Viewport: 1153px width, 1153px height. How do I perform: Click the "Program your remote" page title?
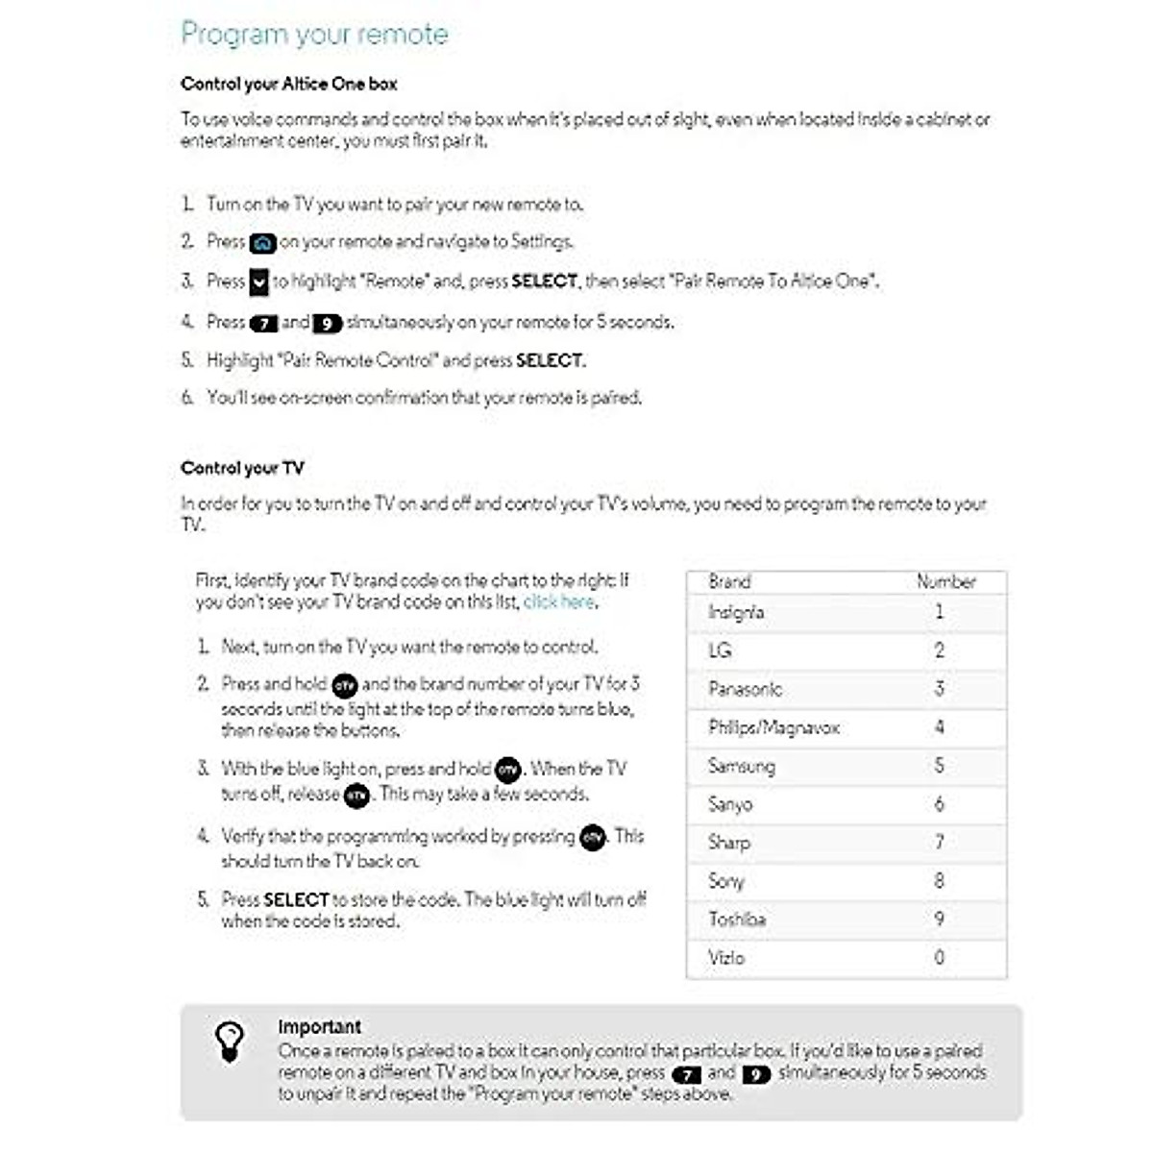point(314,35)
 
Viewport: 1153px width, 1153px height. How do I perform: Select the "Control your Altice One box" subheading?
point(288,84)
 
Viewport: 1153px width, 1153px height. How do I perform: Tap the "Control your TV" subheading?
point(242,468)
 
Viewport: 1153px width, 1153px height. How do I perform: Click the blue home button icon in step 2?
point(262,243)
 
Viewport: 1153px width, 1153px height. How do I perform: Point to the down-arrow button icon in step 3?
point(259,282)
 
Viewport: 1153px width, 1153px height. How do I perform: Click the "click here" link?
point(559,602)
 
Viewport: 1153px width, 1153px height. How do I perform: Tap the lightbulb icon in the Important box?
point(230,1042)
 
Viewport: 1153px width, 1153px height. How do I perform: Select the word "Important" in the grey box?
point(319,1026)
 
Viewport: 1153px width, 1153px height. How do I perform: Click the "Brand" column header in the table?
point(729,581)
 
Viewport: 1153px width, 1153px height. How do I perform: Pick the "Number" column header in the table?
point(945,581)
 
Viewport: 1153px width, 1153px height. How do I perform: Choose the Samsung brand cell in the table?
point(741,766)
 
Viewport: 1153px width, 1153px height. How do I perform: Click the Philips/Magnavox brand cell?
point(773,727)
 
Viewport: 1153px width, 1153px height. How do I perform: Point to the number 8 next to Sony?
point(940,880)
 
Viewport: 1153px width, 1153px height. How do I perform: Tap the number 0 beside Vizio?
point(940,957)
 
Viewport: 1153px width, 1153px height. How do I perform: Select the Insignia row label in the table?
point(736,612)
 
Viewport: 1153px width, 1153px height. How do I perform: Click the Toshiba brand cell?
point(737,920)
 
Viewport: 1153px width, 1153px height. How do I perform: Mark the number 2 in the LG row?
point(940,650)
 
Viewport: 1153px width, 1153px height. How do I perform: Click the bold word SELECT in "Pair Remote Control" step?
point(550,361)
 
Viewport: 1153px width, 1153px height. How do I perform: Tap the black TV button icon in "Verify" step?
point(593,838)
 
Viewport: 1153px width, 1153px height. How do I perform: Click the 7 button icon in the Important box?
point(686,1074)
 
